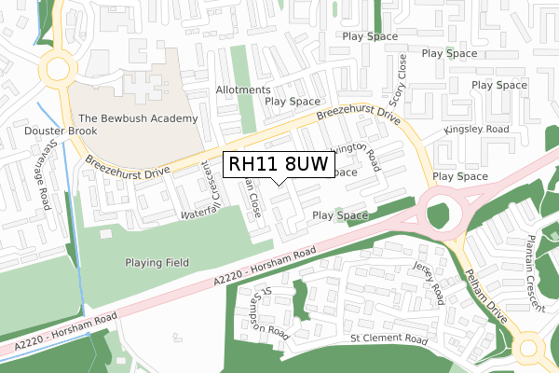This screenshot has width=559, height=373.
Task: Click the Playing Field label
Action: tap(158, 263)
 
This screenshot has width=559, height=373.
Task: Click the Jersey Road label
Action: tap(435, 282)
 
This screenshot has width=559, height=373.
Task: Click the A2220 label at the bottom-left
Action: tap(61, 331)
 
